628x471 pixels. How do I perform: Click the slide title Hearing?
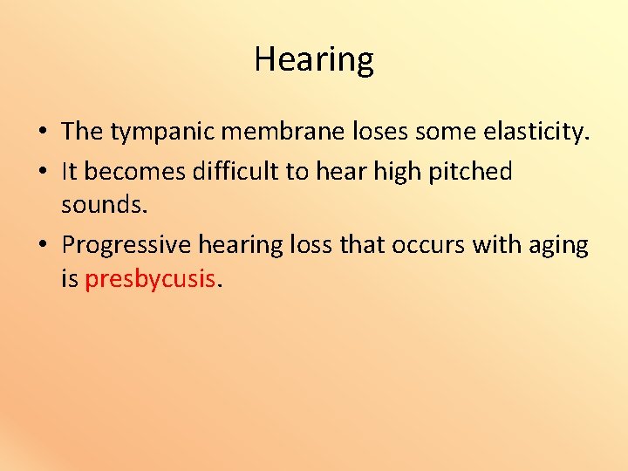314,59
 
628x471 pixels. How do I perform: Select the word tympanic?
162,133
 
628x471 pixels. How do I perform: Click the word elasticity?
534,132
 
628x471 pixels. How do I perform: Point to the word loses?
382,132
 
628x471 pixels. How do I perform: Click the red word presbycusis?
149,280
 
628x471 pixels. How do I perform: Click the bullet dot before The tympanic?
42,133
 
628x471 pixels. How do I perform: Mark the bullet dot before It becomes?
42,173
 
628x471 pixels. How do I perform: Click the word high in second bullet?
397,172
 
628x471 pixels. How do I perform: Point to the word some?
440,132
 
